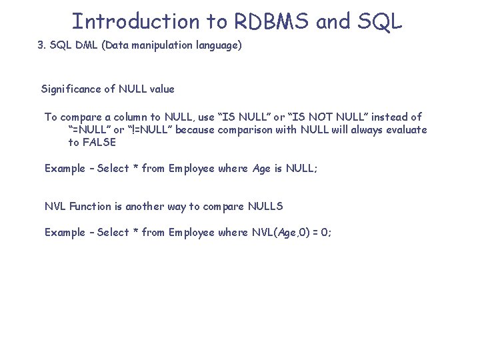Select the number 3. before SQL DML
click(x=41, y=47)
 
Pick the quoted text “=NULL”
click(x=89, y=130)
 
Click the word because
click(x=197, y=130)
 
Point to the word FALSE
click(x=100, y=142)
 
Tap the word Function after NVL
click(x=89, y=207)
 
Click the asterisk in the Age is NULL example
click(x=135, y=168)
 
